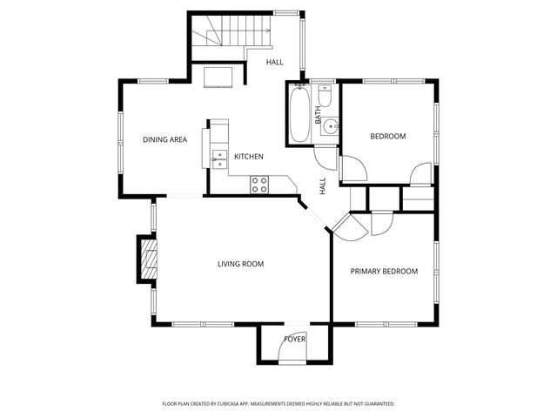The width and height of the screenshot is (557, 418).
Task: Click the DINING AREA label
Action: pos(165,139)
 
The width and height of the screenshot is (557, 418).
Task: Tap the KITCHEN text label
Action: pos(248,157)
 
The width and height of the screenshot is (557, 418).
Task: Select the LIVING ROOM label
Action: pos(240,264)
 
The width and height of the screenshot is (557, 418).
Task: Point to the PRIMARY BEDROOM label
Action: pos(384,271)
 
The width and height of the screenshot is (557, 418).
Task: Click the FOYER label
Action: pos(295,339)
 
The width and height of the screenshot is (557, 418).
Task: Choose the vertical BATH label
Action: pos(318,113)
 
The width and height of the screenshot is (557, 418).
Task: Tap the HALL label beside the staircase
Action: pos(275,62)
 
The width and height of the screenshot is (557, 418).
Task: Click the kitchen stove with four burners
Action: pos(259,184)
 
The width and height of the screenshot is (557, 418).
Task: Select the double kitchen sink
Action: pos(217,158)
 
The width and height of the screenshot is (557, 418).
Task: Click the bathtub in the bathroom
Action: pos(299,114)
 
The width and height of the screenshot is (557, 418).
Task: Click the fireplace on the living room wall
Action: pos(148,259)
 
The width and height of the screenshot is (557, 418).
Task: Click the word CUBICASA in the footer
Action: pos(243,404)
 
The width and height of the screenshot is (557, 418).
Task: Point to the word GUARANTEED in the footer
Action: pos(376,404)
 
